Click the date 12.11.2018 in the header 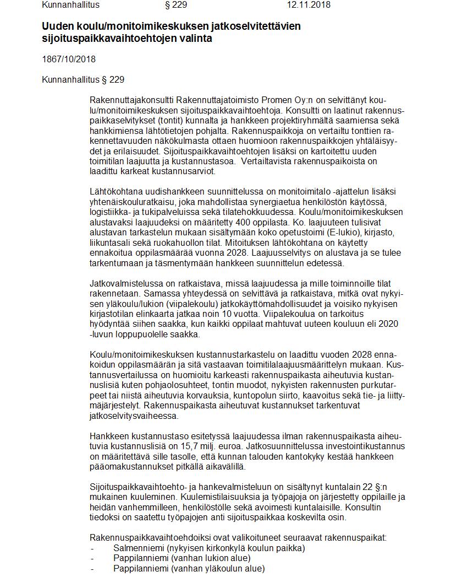[x=308, y=6]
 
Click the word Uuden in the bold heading [x=56, y=26]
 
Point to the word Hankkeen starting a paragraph [x=108, y=435]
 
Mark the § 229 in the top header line [x=176, y=6]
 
